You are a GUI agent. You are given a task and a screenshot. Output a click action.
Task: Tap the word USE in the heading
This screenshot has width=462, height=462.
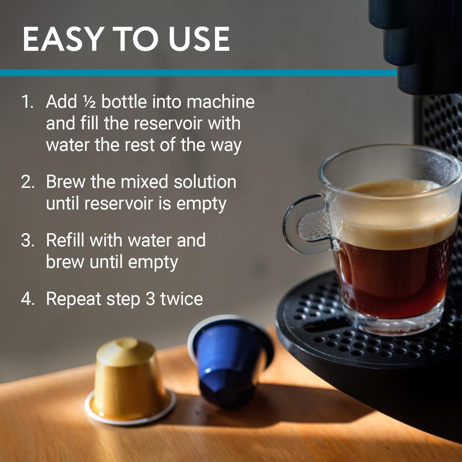click(x=199, y=39)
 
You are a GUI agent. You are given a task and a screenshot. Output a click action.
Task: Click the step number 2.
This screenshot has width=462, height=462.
click(x=28, y=182)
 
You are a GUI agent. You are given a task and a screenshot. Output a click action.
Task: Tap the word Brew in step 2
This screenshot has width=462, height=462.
click(x=65, y=182)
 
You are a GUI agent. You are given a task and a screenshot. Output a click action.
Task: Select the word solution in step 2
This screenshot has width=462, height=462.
click(x=205, y=182)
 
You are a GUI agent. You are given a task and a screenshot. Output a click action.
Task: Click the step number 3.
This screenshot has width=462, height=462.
click(x=28, y=241)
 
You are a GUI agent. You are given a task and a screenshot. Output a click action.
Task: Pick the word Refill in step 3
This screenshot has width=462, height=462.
click(x=65, y=241)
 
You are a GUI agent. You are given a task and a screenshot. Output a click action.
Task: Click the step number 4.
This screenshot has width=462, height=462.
click(x=28, y=299)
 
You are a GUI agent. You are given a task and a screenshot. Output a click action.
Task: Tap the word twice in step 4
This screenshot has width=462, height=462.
click(x=181, y=299)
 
